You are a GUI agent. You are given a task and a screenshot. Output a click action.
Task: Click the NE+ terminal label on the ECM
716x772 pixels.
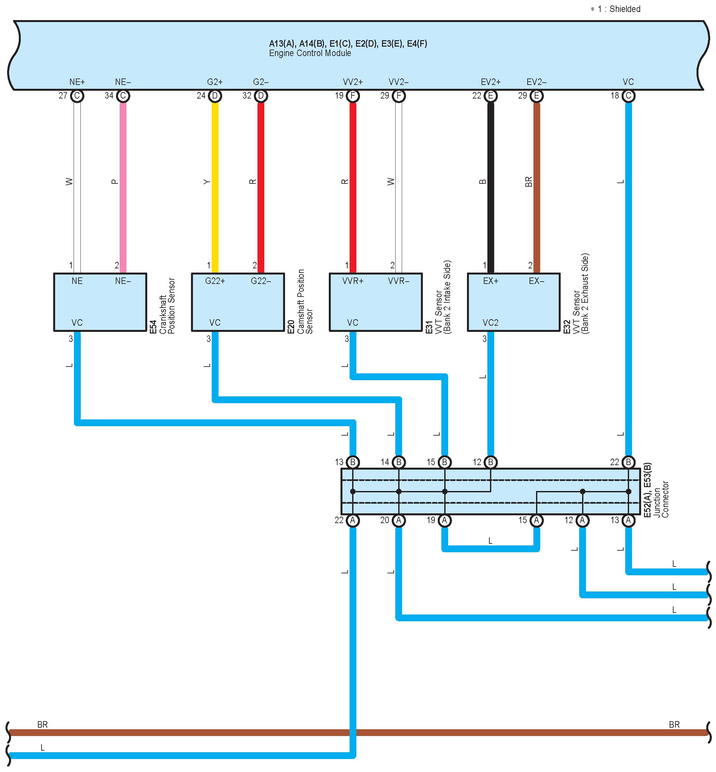click(77, 82)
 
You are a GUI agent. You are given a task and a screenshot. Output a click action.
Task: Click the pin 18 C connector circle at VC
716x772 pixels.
click(628, 96)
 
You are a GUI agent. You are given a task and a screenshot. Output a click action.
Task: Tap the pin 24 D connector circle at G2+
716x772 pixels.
click(215, 96)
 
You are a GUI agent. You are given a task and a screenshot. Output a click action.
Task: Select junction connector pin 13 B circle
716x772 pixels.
click(352, 462)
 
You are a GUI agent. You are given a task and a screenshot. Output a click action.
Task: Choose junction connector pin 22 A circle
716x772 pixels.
click(352, 521)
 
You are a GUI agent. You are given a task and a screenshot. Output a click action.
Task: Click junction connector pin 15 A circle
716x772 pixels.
click(537, 521)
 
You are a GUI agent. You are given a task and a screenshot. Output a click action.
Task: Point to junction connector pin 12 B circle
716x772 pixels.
click(491, 462)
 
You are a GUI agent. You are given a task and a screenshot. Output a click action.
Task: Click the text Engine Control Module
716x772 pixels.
click(310, 53)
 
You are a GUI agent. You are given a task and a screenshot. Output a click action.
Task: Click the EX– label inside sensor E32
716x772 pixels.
click(536, 281)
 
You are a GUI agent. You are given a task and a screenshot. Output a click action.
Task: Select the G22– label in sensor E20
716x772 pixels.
click(261, 281)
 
